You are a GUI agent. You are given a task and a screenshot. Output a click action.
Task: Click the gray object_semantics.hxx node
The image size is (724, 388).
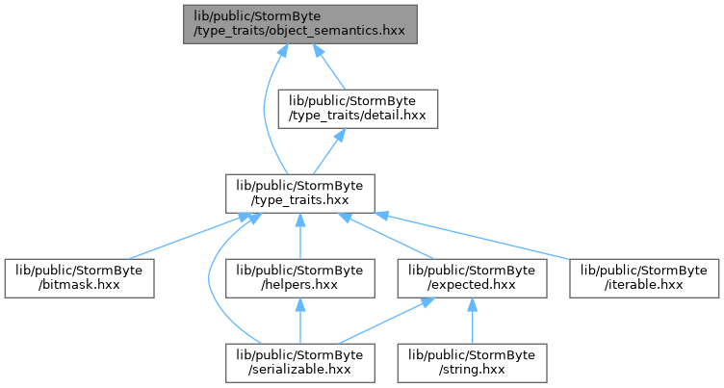coord(300,24)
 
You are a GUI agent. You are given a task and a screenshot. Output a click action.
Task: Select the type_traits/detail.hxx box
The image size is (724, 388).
coord(358,109)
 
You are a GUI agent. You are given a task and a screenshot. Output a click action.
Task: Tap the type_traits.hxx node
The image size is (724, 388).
coord(300,194)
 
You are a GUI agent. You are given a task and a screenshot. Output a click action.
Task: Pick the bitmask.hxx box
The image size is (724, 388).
coord(79,278)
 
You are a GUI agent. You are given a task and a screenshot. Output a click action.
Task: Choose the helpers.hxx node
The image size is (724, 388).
coord(300,278)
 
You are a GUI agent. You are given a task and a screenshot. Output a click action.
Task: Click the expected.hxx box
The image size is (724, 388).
coord(473,278)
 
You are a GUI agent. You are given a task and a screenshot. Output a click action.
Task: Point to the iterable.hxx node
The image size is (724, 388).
coord(644,278)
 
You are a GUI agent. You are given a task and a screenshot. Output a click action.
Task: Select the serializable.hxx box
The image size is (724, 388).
coord(300,363)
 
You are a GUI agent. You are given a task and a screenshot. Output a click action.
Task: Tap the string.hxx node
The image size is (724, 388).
coord(473,363)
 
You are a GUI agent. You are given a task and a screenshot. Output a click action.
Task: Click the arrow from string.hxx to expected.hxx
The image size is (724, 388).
coord(473,321)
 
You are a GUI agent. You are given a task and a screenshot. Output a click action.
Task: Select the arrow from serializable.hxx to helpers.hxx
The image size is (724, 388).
coord(300,321)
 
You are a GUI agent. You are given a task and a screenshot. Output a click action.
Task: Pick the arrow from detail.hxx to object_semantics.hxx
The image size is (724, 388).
coord(328,67)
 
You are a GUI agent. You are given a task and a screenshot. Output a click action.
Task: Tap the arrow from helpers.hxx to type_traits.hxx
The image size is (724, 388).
coord(300,237)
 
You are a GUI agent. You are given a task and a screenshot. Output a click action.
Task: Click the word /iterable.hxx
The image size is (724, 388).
coord(644,285)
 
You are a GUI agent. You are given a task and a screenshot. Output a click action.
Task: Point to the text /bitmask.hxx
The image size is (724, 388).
coord(79,285)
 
